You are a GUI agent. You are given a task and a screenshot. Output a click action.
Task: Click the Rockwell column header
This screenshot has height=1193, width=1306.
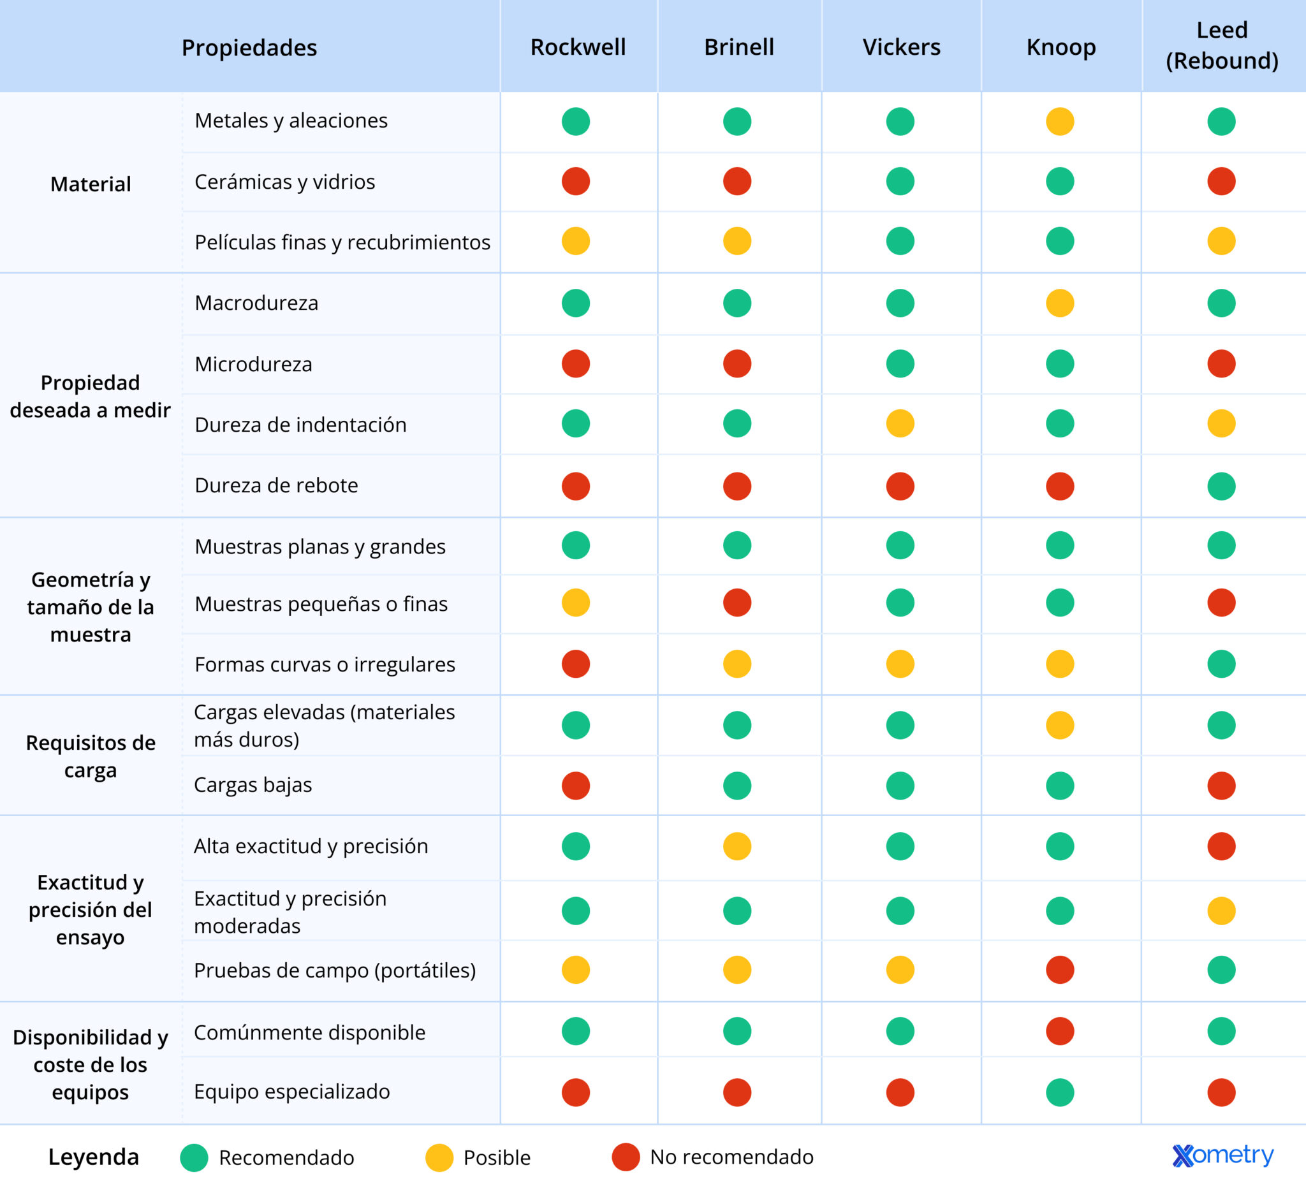coord(578,47)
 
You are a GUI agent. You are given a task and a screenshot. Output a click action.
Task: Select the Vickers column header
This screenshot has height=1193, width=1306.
coord(901,47)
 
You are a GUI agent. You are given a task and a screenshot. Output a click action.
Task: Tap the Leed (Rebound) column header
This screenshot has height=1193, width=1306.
coord(1222,45)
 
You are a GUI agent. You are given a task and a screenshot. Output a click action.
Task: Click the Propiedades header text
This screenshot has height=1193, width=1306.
coord(249,48)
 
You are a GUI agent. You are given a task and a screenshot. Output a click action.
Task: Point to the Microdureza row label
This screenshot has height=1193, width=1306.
coord(253,364)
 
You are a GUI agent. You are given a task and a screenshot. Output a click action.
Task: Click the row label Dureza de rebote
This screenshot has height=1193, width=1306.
coord(276,485)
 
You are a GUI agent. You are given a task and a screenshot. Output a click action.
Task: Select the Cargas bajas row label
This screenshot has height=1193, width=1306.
coord(253,785)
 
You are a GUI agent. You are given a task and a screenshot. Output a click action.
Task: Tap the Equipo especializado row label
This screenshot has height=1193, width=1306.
coord(291,1092)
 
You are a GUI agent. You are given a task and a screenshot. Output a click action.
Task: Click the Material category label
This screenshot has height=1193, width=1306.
coord(91,184)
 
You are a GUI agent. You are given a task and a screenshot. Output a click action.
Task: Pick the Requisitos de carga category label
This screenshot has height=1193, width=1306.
coord(91,756)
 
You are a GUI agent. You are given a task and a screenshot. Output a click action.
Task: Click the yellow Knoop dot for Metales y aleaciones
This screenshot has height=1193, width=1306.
coord(1060,121)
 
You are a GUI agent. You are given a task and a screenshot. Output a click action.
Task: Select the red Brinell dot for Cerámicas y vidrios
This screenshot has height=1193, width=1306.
coord(737,181)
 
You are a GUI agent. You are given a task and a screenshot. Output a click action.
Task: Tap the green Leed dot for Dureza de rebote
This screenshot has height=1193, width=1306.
coord(1221,486)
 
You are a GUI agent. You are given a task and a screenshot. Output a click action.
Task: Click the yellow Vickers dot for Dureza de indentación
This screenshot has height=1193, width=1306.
coord(900,423)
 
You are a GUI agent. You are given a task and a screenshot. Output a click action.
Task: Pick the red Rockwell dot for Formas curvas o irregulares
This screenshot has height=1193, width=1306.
coord(576,664)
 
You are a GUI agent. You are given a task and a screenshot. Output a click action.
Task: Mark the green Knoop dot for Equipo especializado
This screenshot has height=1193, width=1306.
coord(1060,1093)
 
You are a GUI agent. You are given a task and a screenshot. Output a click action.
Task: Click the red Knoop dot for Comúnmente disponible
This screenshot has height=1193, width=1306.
coord(1060,1031)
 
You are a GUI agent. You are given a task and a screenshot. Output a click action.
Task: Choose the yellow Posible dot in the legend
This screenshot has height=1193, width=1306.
coord(439,1157)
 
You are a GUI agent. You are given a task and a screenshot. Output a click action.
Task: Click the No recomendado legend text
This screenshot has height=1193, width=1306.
coord(732,1157)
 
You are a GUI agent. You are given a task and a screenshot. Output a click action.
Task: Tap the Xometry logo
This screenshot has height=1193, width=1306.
coord(1223,1155)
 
